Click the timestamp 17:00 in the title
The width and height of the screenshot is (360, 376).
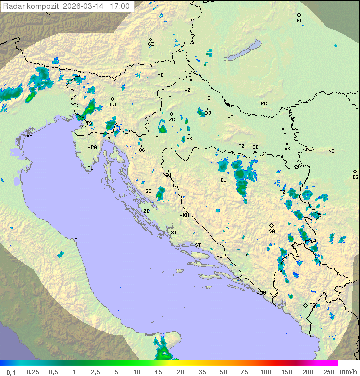click(120, 6)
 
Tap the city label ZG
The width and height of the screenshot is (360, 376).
click(172, 120)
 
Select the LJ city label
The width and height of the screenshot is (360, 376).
click(113, 105)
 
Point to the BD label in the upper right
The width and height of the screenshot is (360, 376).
click(299, 21)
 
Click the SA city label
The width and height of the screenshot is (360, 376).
click(272, 231)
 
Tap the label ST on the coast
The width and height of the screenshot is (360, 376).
click(198, 245)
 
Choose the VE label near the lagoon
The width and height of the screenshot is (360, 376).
click(29, 136)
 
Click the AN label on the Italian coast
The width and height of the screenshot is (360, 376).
click(77, 240)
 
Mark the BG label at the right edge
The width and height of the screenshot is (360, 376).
click(355, 177)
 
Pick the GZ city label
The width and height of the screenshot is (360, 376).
click(151, 44)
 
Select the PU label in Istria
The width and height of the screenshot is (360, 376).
click(90, 168)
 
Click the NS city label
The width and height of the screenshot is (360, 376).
click(331, 151)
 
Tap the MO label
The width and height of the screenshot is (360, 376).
click(251, 255)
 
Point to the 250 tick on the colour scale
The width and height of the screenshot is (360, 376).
click(328, 372)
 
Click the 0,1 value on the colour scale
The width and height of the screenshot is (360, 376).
click(11, 372)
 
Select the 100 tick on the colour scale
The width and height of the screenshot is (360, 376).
click(265, 372)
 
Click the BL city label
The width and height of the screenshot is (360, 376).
click(223, 180)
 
